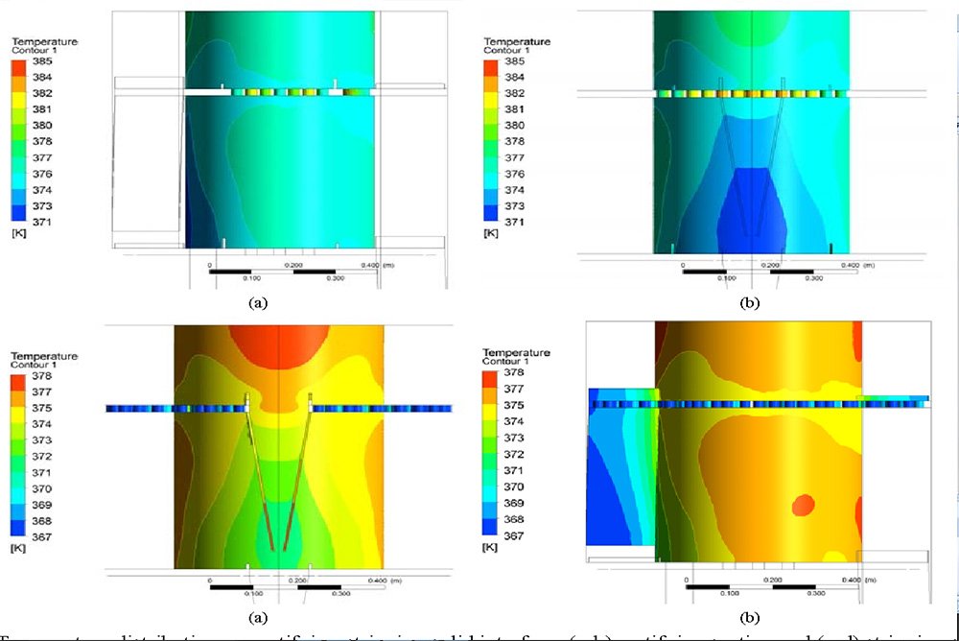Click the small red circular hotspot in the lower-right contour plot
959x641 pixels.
804,503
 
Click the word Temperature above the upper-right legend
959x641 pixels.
517,42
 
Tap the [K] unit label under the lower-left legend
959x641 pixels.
18,552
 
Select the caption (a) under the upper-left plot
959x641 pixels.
256,301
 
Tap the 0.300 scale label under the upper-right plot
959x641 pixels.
813,278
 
